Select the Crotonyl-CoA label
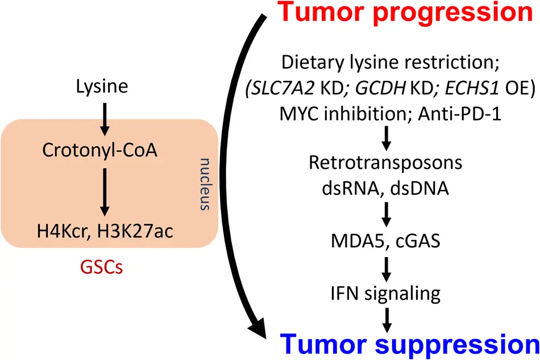pos(99,151)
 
